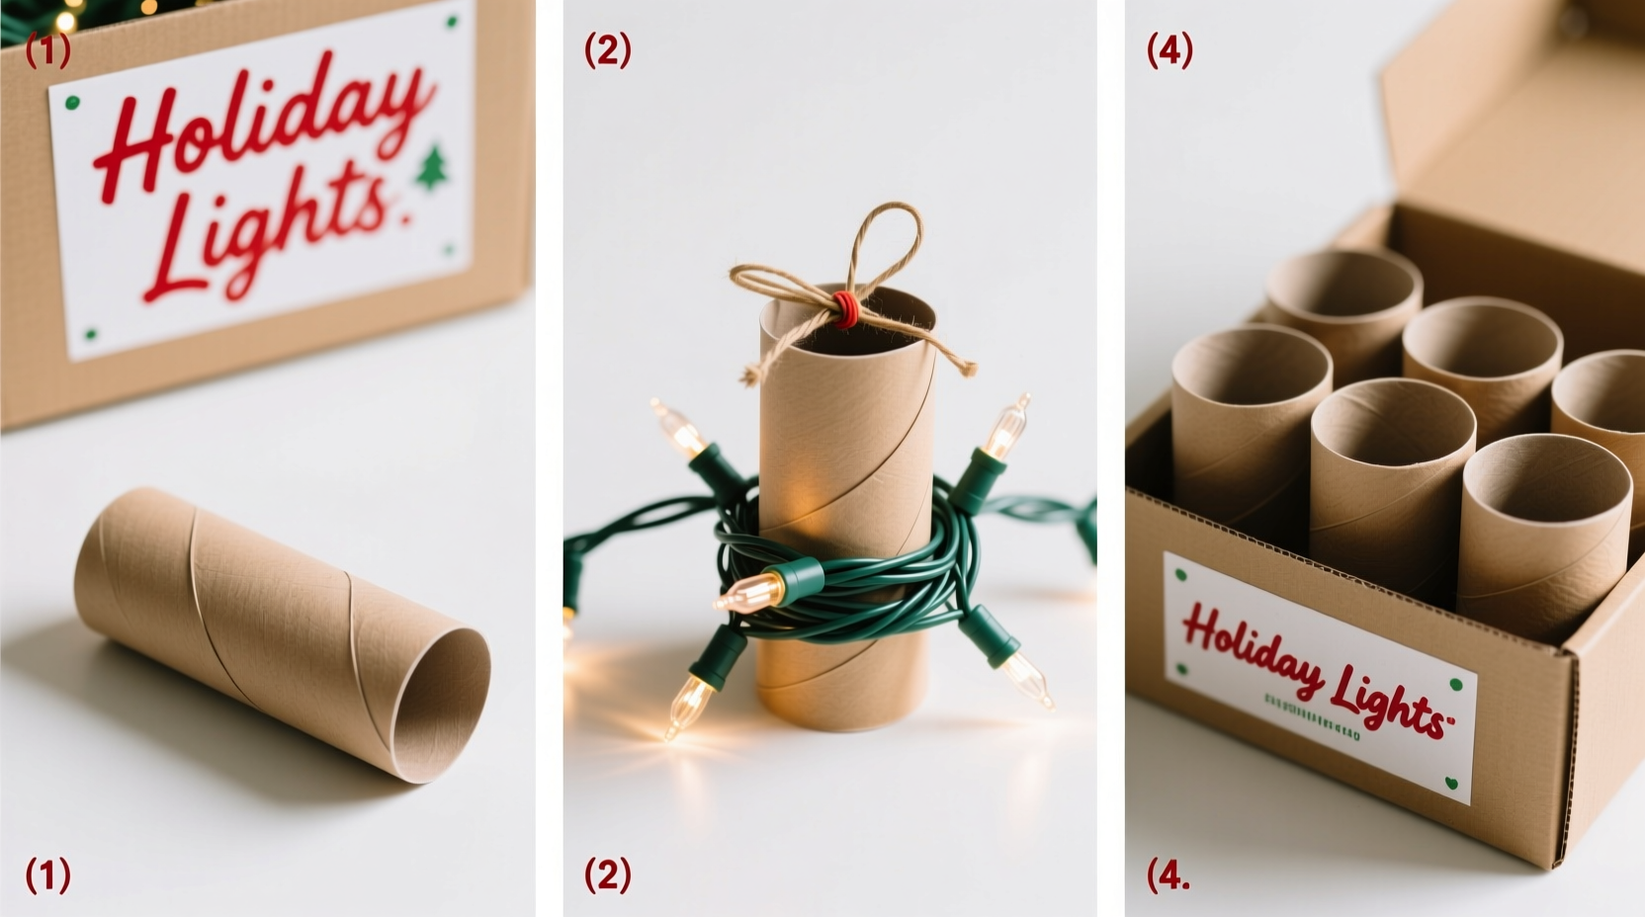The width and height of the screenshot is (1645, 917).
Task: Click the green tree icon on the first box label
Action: pyautogui.click(x=432, y=168)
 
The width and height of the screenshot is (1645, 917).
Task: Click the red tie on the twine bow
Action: pyautogui.click(x=842, y=307)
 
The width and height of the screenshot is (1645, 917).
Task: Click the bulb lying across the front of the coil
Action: pyautogui.click(x=751, y=591)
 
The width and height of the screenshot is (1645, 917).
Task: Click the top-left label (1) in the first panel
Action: pyautogui.click(x=47, y=49)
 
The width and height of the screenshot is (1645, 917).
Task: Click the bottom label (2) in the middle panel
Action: pyautogui.click(x=607, y=875)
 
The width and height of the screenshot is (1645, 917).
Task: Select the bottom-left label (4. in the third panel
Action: pyautogui.click(x=1168, y=875)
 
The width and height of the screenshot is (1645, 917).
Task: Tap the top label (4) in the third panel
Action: pyautogui.click(x=1169, y=49)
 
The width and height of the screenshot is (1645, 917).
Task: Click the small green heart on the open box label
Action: pyautogui.click(x=1451, y=783)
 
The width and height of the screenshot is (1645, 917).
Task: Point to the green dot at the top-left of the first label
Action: pyautogui.click(x=71, y=103)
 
